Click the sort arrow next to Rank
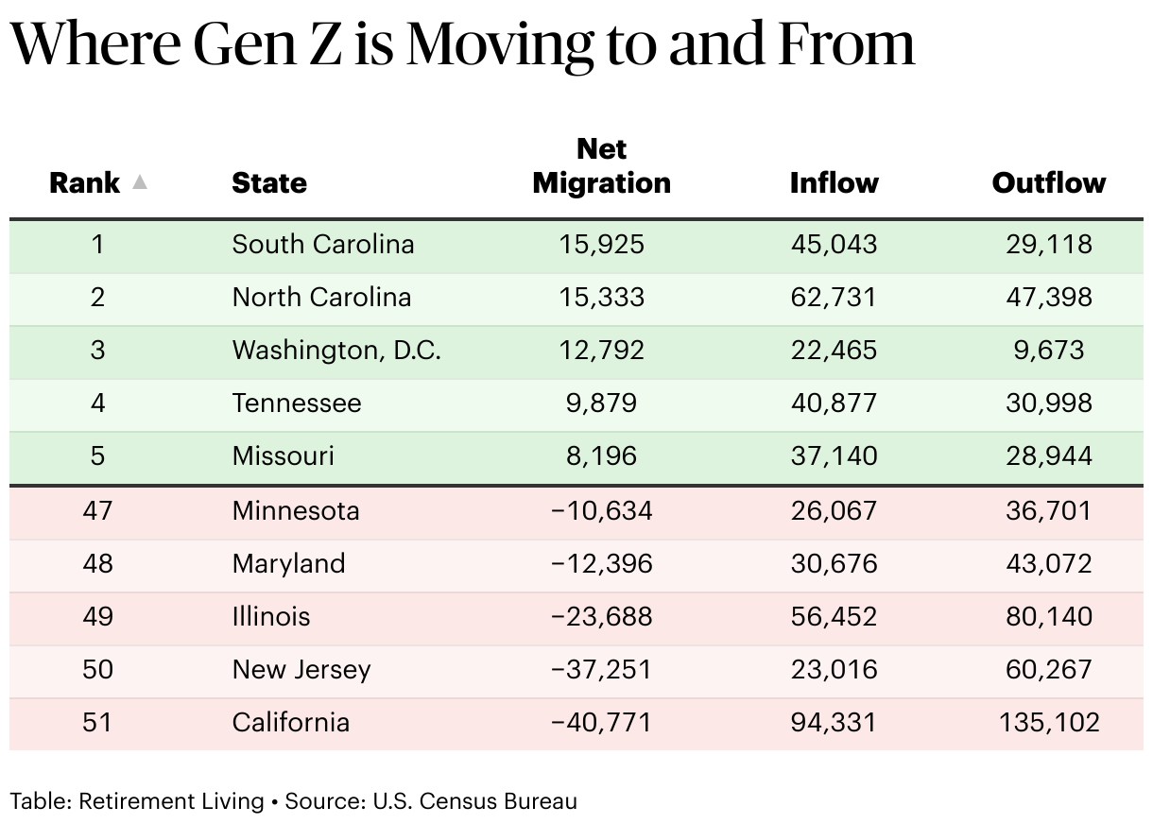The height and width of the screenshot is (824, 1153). [140, 182]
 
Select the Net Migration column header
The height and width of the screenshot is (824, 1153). [601, 165]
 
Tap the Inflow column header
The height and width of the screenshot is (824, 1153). [834, 182]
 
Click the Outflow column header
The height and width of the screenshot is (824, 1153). [1048, 182]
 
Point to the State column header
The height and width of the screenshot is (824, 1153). [269, 182]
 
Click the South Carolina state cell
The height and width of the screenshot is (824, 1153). [322, 244]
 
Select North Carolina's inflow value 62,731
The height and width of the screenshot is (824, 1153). [834, 297]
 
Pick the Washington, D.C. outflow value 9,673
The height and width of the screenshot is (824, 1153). [1048, 350]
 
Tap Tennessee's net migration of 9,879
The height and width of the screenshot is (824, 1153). [601, 403]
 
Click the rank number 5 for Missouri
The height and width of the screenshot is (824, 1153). [97, 456]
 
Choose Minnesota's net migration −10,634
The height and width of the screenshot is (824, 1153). [601, 510]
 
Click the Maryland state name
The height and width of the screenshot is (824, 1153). [288, 563]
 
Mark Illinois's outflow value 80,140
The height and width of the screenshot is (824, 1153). [1048, 616]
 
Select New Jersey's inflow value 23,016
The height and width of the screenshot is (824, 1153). [834, 669]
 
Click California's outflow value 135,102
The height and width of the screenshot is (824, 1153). [1048, 722]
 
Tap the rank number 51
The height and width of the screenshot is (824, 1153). [97, 722]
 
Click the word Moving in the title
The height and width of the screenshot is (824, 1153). [500, 46]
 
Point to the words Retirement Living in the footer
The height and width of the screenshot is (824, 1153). [171, 801]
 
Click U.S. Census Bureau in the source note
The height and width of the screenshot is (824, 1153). [474, 801]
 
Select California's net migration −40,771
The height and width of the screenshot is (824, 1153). [601, 722]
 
